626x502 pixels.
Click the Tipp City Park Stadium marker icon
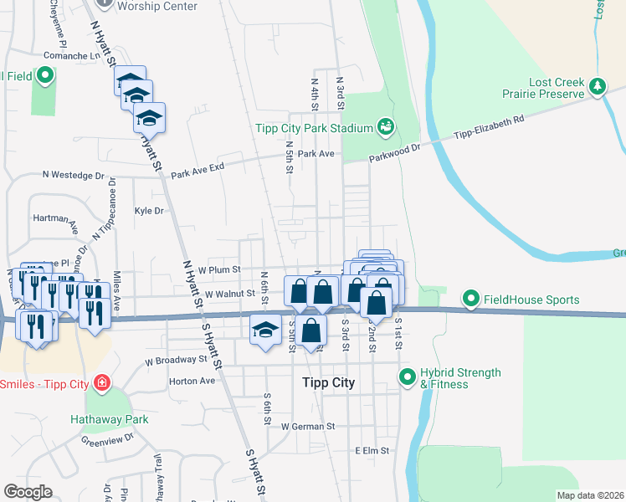[x=386, y=127]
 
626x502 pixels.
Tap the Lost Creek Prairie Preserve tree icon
[x=597, y=86]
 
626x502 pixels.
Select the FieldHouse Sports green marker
[x=471, y=299]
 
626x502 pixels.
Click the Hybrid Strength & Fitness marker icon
[x=408, y=377]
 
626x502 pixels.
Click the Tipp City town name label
[x=328, y=383]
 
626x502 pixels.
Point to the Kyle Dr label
[x=149, y=211]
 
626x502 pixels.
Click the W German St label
[x=308, y=426]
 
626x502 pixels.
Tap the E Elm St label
[x=372, y=450]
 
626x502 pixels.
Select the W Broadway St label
[x=175, y=360]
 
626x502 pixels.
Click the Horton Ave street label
[x=192, y=380]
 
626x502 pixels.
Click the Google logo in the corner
[x=28, y=491]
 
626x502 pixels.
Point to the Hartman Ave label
[x=55, y=218]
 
